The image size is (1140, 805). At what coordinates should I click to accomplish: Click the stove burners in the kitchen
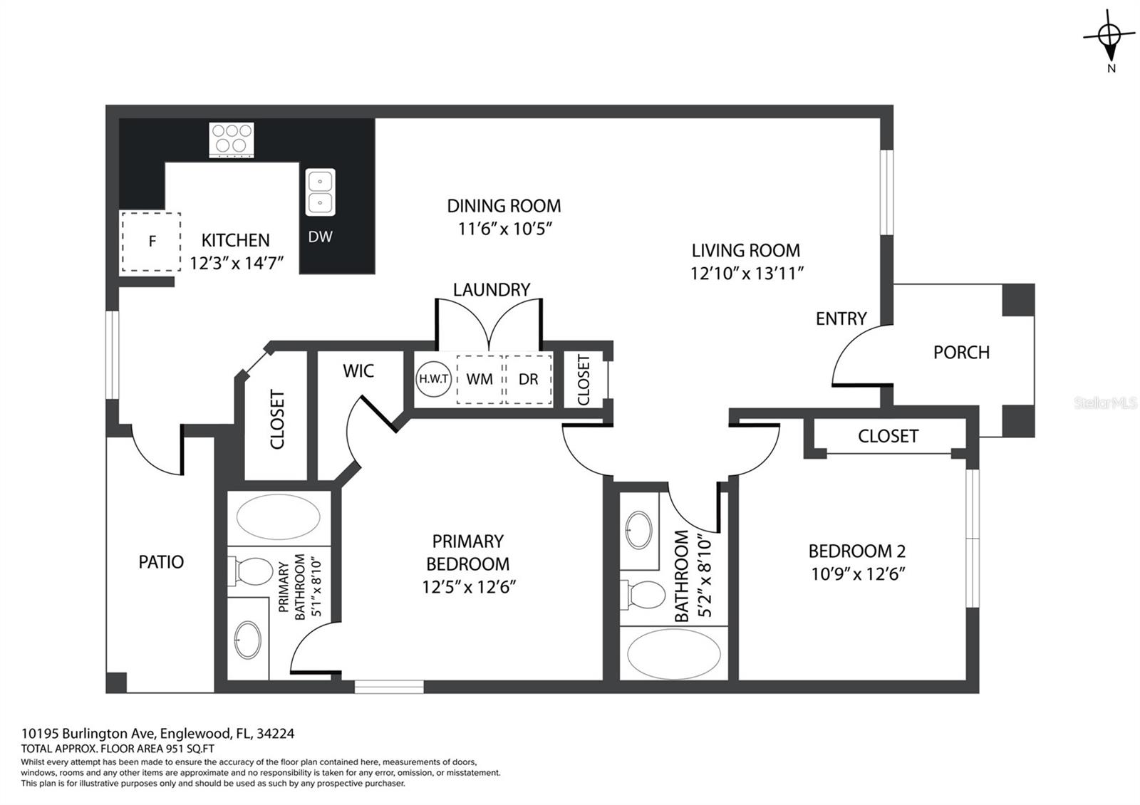(232, 140)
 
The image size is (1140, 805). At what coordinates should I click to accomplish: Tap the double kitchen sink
(320, 192)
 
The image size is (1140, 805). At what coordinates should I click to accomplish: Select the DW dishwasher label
(320, 237)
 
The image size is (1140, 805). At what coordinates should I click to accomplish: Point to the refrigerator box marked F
(151, 241)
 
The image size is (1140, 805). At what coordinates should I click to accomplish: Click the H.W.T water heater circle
(434, 378)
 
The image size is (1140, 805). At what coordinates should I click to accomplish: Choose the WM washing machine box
(480, 380)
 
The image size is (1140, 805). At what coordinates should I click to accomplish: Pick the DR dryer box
(528, 380)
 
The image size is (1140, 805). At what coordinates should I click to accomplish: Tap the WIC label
(358, 371)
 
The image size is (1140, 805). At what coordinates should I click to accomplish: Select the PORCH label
(961, 352)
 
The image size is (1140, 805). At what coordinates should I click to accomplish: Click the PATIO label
(161, 562)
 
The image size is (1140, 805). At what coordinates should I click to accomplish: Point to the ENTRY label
(841, 318)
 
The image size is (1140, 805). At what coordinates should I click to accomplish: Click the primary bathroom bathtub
(279, 517)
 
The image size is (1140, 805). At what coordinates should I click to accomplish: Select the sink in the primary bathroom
(248, 640)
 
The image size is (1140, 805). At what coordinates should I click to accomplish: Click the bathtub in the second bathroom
(674, 654)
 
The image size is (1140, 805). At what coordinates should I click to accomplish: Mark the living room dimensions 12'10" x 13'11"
(747, 274)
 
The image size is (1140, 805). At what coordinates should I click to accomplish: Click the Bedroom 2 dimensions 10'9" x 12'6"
(858, 574)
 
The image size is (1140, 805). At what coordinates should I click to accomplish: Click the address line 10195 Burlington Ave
(87, 733)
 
